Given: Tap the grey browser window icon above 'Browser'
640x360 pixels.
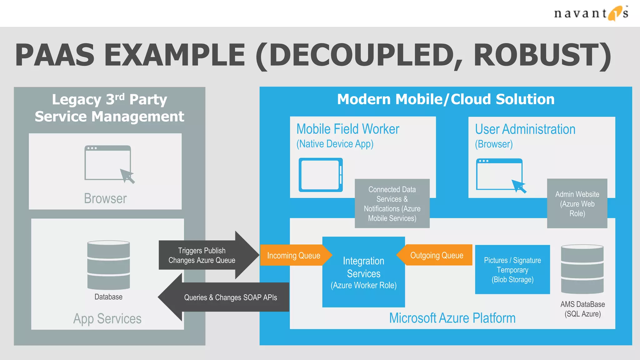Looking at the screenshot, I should click(108, 163).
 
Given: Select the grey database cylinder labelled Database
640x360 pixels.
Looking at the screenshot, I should click(108, 265).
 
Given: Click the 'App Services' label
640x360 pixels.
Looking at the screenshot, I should click(107, 319).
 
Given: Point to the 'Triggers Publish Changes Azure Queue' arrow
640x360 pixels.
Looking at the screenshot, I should click(206, 255).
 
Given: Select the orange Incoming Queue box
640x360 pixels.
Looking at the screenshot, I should click(293, 255).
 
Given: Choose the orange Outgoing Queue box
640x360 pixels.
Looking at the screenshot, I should click(437, 255).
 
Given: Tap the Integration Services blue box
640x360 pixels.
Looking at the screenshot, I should click(363, 272).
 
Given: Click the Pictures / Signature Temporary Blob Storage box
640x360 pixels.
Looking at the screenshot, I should click(512, 269).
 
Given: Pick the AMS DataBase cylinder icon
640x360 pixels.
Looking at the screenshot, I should click(582, 269).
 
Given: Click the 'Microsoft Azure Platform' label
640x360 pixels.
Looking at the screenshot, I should click(452, 318).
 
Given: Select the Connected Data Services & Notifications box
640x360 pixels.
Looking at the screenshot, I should click(392, 203).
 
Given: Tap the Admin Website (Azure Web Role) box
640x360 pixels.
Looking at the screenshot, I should click(577, 203).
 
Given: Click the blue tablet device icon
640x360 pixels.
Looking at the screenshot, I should click(321, 175).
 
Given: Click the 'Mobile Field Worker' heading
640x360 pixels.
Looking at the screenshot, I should click(347, 129).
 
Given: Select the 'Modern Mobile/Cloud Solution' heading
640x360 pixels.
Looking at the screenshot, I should click(446, 99).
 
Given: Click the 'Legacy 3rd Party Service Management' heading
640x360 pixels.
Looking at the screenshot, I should click(109, 108).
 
